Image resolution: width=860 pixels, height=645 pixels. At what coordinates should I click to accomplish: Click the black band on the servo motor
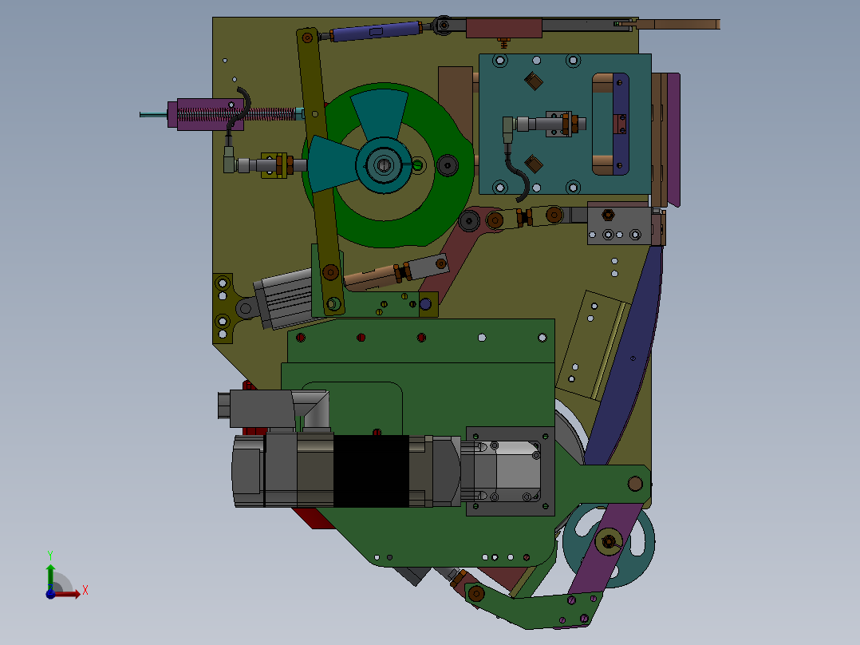(371, 471)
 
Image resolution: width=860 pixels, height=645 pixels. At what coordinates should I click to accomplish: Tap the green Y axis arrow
(50, 576)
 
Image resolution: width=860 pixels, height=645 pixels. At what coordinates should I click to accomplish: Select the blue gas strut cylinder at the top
(374, 31)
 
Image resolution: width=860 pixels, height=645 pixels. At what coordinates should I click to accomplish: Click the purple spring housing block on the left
(206, 115)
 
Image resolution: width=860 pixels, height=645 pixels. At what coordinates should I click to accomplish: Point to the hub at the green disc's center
(383, 164)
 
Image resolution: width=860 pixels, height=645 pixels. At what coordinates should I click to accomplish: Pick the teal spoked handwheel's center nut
(608, 542)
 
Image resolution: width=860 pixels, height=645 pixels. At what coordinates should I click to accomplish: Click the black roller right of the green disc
(448, 165)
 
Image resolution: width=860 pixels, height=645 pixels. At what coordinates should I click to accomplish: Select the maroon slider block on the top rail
(504, 28)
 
